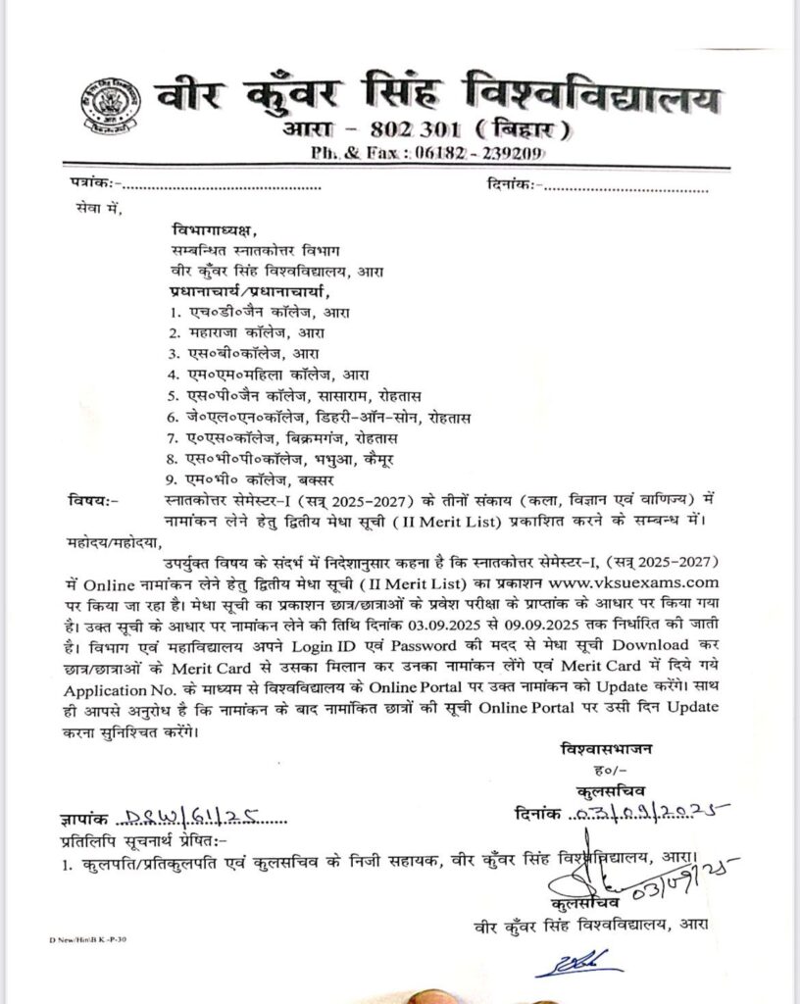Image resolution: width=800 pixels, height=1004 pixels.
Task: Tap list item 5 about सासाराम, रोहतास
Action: pos(294,395)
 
